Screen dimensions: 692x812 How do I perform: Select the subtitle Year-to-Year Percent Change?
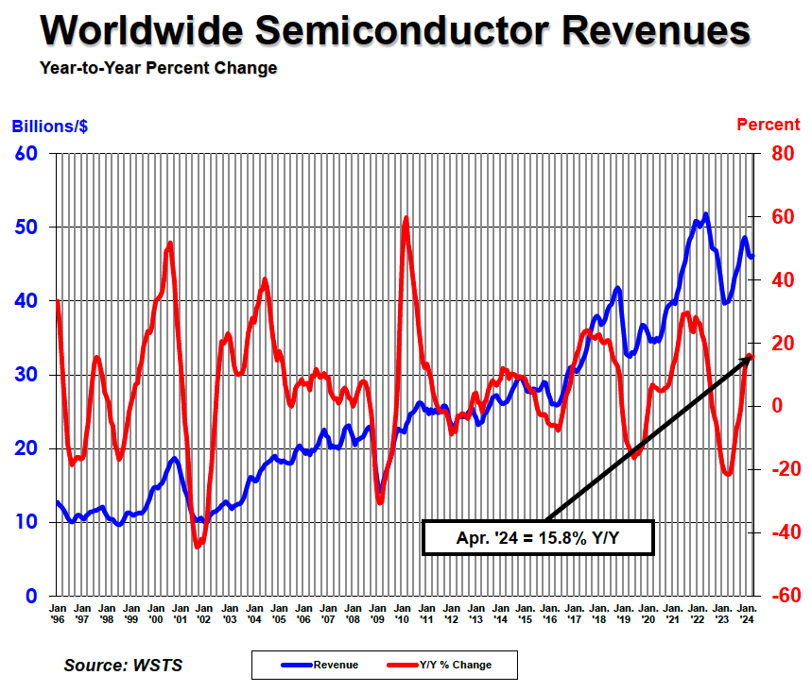[x=159, y=68]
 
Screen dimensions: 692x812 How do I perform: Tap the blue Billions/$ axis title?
[x=50, y=126]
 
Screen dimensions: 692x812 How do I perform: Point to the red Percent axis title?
[x=769, y=125]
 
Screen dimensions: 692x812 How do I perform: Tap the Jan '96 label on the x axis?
[x=59, y=613]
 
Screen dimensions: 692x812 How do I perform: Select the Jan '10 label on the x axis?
[x=402, y=613]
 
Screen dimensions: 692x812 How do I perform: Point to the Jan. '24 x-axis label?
[x=745, y=613]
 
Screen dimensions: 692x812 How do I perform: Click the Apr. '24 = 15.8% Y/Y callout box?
[x=537, y=538]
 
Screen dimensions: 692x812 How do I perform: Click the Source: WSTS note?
[x=123, y=665]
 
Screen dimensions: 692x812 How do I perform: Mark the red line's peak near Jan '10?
[x=406, y=218]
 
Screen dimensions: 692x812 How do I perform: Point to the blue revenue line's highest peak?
[x=705, y=214]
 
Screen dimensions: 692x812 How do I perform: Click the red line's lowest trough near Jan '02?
[x=198, y=546]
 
